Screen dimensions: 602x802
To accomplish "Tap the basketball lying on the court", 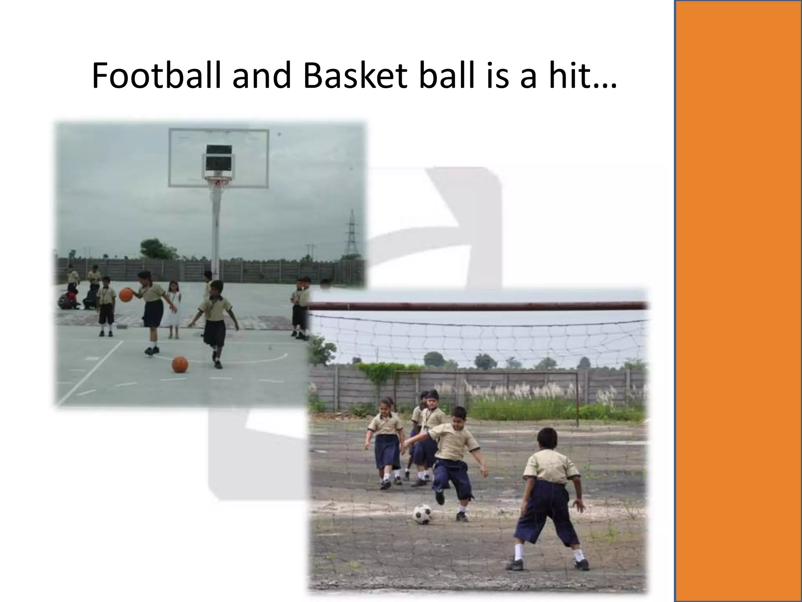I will tap(180, 364).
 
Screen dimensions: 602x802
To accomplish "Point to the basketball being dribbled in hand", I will tap(126, 294).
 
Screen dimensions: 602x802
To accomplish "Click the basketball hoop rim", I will tap(217, 180).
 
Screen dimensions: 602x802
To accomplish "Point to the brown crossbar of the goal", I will tap(478, 306).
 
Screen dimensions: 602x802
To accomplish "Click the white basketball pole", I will tap(215, 227).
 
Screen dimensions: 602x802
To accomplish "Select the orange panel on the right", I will tap(738, 301).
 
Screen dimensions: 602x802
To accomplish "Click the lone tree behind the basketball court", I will tap(157, 248).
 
